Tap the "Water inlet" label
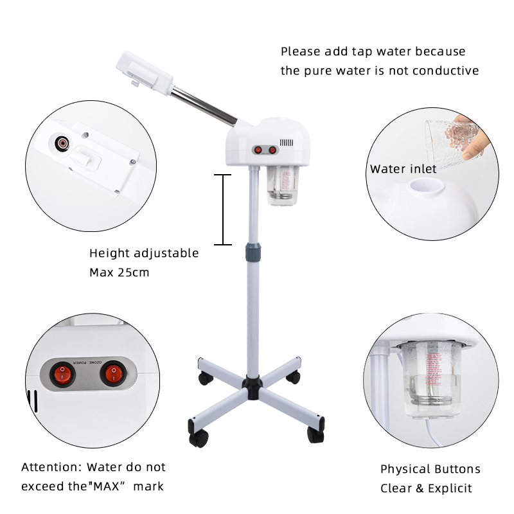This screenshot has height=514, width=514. [x=403, y=169]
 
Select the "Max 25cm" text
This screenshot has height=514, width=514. [x=119, y=272]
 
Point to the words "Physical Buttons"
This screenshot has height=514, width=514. [x=430, y=469]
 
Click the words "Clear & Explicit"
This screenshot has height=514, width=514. [x=426, y=488]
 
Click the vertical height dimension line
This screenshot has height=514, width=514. [x=222, y=209]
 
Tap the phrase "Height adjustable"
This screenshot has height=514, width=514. [x=144, y=253]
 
